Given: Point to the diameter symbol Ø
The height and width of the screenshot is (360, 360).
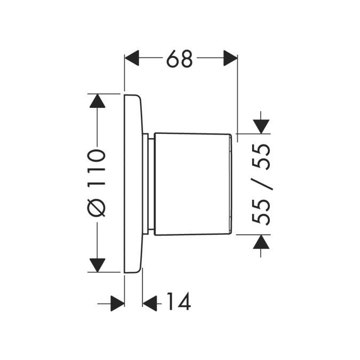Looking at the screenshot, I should click(98, 206).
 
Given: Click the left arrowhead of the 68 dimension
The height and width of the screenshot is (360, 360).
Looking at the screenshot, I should click(131, 58).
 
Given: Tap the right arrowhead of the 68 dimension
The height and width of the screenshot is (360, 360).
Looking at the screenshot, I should click(230, 58).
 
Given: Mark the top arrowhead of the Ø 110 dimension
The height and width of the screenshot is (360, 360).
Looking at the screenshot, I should click(97, 101).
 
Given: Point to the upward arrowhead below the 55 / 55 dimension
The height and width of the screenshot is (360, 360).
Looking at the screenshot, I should click(261, 243).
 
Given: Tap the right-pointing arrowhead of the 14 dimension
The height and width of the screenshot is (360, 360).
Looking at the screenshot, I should click(117, 303).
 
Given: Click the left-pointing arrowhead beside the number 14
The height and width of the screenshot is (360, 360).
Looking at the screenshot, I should click(150, 303).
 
